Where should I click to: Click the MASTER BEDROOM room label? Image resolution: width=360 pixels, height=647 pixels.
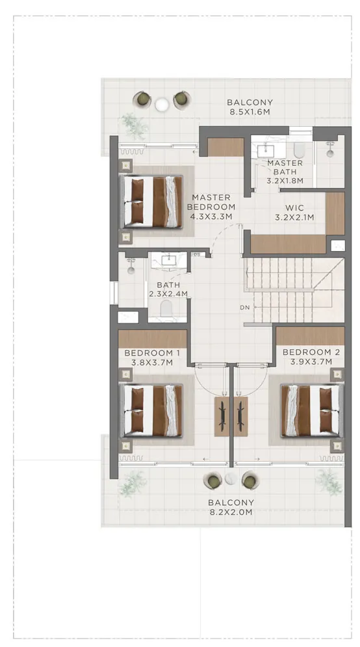pyautogui.click(x=211, y=202)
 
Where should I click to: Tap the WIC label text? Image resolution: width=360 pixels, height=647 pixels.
pyautogui.click(x=295, y=208)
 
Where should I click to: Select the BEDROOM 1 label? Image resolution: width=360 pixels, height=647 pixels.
pyautogui.click(x=152, y=353)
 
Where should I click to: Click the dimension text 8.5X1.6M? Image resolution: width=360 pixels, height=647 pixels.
pyautogui.click(x=250, y=111)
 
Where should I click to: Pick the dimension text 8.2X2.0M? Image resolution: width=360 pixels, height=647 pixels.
pyautogui.click(x=231, y=512)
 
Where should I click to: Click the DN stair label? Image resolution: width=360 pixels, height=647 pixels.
pyautogui.click(x=246, y=308)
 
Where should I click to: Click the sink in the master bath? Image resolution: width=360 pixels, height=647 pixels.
pyautogui.click(x=266, y=151)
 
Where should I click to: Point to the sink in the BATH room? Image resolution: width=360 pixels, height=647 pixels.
pyautogui.click(x=169, y=260)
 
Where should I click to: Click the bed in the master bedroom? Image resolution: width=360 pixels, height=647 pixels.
pyautogui.click(x=151, y=202)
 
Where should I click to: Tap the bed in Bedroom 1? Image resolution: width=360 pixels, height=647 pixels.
pyautogui.click(x=151, y=410)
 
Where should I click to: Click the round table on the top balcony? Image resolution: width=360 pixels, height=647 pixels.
pyautogui.click(x=162, y=105)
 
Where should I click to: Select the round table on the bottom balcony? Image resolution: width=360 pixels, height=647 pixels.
pyautogui.click(x=231, y=479)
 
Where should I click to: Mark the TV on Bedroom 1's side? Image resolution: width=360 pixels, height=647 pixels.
pyautogui.click(x=222, y=416)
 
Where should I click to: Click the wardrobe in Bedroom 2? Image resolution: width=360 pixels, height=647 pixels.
pyautogui.click(x=310, y=336)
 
